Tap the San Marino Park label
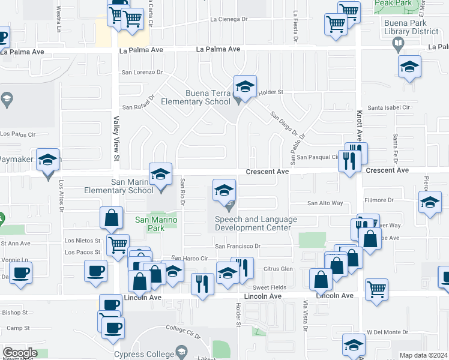(x=149, y=224)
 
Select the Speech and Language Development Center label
(x=256, y=223)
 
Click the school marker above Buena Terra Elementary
(x=245, y=88)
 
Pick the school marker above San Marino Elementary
(x=160, y=175)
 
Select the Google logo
(x=19, y=353)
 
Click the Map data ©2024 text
(x=423, y=355)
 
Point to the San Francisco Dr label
(x=238, y=246)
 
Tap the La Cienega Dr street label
(x=229, y=19)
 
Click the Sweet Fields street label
(x=269, y=287)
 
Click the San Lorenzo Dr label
(x=142, y=72)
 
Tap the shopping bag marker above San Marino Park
(x=112, y=219)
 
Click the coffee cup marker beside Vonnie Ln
(x=21, y=273)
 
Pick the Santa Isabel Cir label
(x=388, y=108)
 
